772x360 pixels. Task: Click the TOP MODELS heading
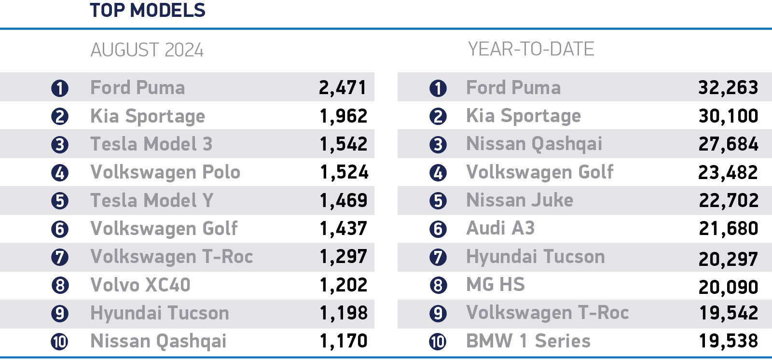148,10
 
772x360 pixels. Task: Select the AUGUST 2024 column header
147,50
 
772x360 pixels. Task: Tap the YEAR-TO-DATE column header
531,49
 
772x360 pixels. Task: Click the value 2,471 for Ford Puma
343,87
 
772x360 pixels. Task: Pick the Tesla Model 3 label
152,144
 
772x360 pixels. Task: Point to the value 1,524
344,172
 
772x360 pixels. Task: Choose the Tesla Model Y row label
152,200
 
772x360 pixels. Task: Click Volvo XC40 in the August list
140,285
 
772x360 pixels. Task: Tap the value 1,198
344,313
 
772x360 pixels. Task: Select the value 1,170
344,341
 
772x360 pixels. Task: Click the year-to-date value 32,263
728,87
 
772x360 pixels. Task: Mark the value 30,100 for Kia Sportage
728,116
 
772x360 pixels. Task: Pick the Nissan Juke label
520,200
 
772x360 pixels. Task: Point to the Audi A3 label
500,228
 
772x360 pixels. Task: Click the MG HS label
496,285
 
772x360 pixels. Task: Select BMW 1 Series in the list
528,341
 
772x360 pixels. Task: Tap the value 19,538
729,341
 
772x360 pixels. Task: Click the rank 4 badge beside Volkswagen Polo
60,173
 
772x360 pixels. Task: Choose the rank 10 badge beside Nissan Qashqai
60,342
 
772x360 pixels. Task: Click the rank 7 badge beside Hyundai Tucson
438,258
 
